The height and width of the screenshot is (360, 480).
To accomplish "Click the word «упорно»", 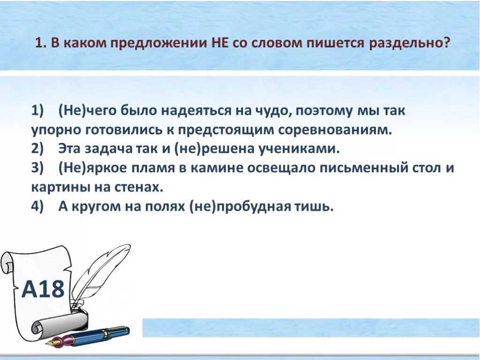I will [55, 130].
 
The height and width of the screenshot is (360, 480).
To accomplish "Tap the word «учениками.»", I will [298, 149].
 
